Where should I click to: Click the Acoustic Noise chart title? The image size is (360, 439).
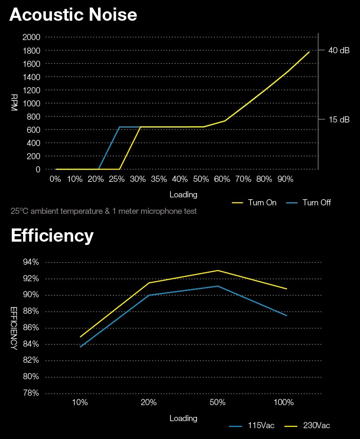73,15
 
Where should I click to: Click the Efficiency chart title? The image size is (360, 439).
52,236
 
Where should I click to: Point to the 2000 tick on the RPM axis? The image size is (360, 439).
32,37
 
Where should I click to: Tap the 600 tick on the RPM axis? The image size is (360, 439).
34,130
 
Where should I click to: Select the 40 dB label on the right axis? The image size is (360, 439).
339,50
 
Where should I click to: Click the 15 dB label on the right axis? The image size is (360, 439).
339,120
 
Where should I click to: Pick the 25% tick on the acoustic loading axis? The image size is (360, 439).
117,179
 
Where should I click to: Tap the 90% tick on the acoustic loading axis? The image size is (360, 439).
285,179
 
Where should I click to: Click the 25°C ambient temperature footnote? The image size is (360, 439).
104,211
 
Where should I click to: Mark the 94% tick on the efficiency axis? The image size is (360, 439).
31,262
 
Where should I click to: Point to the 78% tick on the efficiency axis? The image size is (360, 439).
31,393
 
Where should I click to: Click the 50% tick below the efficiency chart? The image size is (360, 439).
217,403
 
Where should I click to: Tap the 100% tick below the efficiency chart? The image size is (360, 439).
284,403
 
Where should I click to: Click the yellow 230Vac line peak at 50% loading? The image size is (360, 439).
218,270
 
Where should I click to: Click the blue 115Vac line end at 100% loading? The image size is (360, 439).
286,315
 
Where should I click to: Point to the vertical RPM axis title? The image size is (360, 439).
14,103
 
